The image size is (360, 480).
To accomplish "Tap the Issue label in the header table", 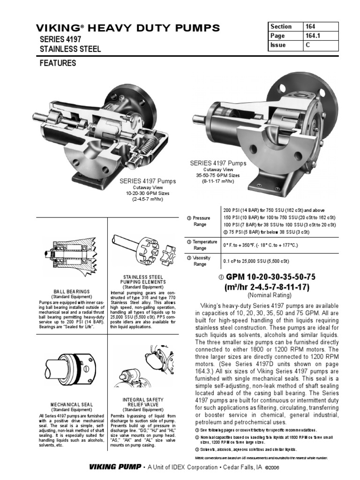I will [278, 45].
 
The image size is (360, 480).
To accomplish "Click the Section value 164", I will [311, 27].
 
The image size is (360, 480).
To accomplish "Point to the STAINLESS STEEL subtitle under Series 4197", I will [70, 49].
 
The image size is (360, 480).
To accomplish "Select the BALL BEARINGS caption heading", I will [72, 292].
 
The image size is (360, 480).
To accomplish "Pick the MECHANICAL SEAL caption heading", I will [72, 404].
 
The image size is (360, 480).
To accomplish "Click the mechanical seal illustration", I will [70, 368].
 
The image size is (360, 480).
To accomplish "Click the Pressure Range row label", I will [201, 221].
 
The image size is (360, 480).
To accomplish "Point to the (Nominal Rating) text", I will [269, 295].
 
